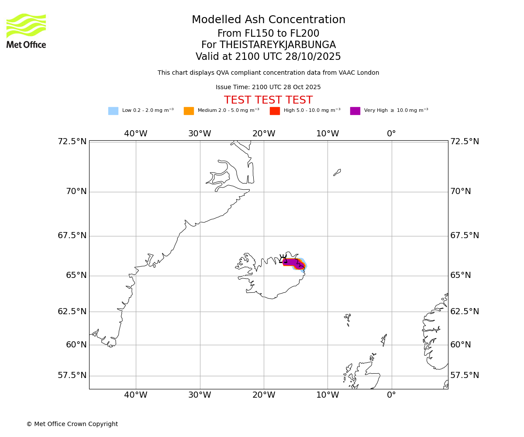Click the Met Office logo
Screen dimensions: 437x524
pyautogui.click(x=26, y=31)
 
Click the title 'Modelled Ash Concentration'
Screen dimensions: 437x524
pyautogui.click(x=268, y=20)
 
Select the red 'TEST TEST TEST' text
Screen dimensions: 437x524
pyautogui.click(x=268, y=100)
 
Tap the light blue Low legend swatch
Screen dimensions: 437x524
pyautogui.click(x=113, y=111)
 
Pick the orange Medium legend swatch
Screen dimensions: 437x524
pyautogui.click(x=189, y=111)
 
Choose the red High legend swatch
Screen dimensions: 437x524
pyautogui.click(x=275, y=111)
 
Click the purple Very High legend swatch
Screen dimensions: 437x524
pyautogui.click(x=355, y=111)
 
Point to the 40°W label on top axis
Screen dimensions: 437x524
pyautogui.click(x=135, y=134)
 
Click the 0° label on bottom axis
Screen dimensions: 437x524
pyautogui.click(x=391, y=395)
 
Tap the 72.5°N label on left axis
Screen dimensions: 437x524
pyautogui.click(x=72, y=142)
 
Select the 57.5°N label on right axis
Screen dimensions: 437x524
pyautogui.click(x=465, y=375)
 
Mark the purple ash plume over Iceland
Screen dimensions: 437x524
pyautogui.click(x=291, y=262)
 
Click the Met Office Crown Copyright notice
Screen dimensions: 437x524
pyautogui.click(x=72, y=424)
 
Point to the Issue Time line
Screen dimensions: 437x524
pyautogui.click(x=268, y=87)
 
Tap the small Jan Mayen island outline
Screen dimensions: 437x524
pyautogui.click(x=337, y=173)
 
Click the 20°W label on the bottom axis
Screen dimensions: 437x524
pyautogui.click(x=263, y=395)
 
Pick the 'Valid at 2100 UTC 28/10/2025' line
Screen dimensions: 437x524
pyautogui.click(x=268, y=57)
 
